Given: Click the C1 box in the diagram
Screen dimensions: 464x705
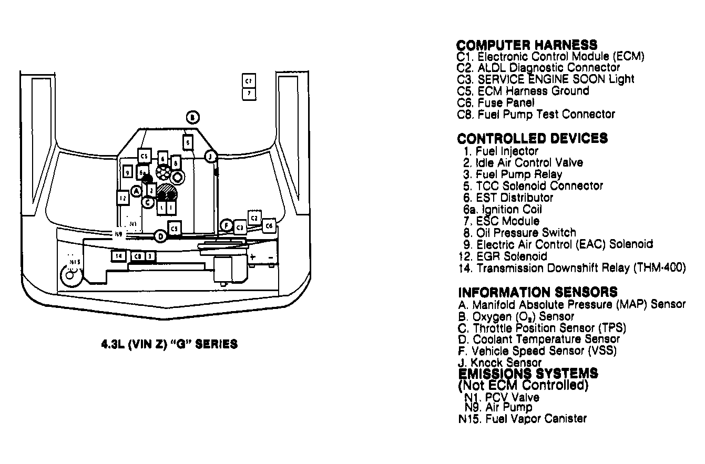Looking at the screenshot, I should [x=249, y=81].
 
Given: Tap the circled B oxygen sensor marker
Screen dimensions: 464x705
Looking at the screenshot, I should [x=193, y=118].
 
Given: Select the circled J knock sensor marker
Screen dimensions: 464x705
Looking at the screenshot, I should [x=210, y=156].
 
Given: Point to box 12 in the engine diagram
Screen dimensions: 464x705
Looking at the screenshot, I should [x=122, y=198].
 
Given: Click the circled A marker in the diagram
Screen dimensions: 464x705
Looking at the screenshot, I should [x=136, y=191].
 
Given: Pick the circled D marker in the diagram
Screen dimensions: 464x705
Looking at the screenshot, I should [x=161, y=237].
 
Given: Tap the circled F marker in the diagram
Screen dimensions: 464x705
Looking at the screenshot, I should [x=226, y=225].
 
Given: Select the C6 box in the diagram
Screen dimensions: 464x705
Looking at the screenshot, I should [x=269, y=225].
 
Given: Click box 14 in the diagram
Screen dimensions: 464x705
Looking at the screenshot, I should [x=118, y=256].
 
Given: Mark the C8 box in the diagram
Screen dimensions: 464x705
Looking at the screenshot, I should [x=138, y=256].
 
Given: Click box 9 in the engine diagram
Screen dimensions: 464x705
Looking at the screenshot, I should [x=127, y=171].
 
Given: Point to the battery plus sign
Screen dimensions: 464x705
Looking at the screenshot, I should [x=252, y=257].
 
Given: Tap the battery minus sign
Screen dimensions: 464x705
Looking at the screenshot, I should [x=270, y=257].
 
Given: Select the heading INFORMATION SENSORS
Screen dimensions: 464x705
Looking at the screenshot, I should [x=537, y=292].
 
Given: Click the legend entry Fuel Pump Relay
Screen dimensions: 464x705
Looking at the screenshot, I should [x=518, y=174].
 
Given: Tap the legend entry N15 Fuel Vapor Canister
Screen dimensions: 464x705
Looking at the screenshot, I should [x=523, y=419].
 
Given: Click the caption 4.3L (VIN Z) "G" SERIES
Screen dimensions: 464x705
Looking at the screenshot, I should [x=169, y=345].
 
